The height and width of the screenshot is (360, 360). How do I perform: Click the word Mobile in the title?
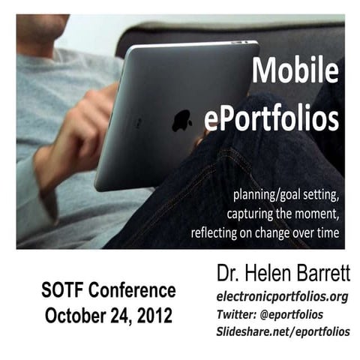pyautogui.click(x=294, y=71)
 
